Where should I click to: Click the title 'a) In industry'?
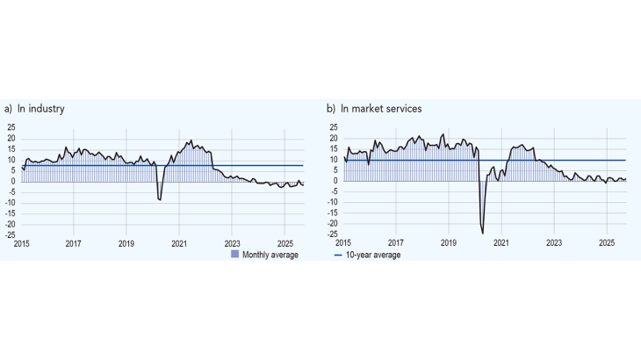pyautogui.click(x=35, y=109)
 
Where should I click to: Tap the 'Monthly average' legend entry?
pyautogui.click(x=270, y=255)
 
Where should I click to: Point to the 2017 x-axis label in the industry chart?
pyautogui.click(x=73, y=243)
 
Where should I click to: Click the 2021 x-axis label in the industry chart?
pyautogui.click(x=179, y=243)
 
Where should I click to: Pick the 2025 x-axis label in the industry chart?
pyautogui.click(x=284, y=243)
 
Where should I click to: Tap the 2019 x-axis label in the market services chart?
pyautogui.click(x=448, y=243)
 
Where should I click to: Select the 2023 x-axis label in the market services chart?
pyautogui.click(x=554, y=243)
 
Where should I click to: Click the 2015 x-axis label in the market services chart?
pyautogui.click(x=343, y=243)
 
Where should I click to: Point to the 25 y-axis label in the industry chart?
pyautogui.click(x=11, y=128)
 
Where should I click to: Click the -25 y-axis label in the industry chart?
pyautogui.click(x=10, y=234)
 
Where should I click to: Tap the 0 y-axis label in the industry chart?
pyautogui.click(x=13, y=182)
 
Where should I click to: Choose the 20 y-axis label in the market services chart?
pyautogui.click(x=334, y=139)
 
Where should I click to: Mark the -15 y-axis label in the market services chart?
pyautogui.click(x=332, y=213)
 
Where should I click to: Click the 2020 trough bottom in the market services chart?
pyautogui.click(x=483, y=233)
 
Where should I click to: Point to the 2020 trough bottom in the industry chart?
pyautogui.click(x=160, y=200)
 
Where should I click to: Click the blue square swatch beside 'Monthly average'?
pyautogui.click(x=234, y=255)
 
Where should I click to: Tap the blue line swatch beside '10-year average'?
pyautogui.click(x=339, y=255)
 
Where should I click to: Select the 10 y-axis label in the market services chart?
pyautogui.click(x=334, y=160)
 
